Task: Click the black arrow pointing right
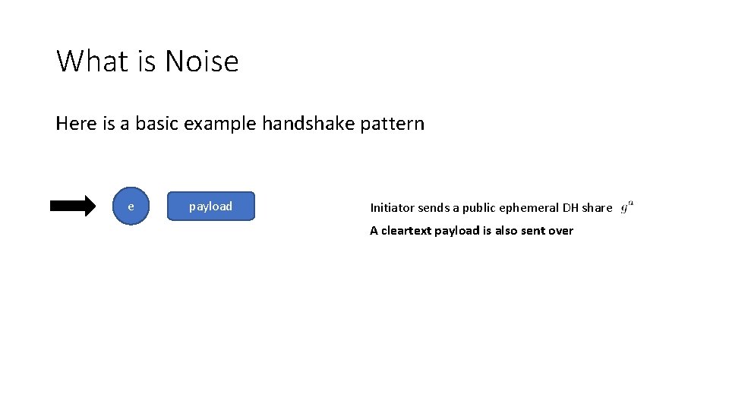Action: [73, 206]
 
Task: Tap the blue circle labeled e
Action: [131, 207]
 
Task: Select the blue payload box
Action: [210, 207]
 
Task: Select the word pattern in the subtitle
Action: [393, 123]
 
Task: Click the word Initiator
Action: [392, 208]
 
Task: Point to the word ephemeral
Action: [530, 208]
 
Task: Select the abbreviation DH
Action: [570, 208]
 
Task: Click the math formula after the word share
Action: [626, 207]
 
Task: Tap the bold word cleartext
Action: [406, 231]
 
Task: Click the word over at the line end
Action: [560, 231]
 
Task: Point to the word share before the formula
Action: [597, 208]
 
